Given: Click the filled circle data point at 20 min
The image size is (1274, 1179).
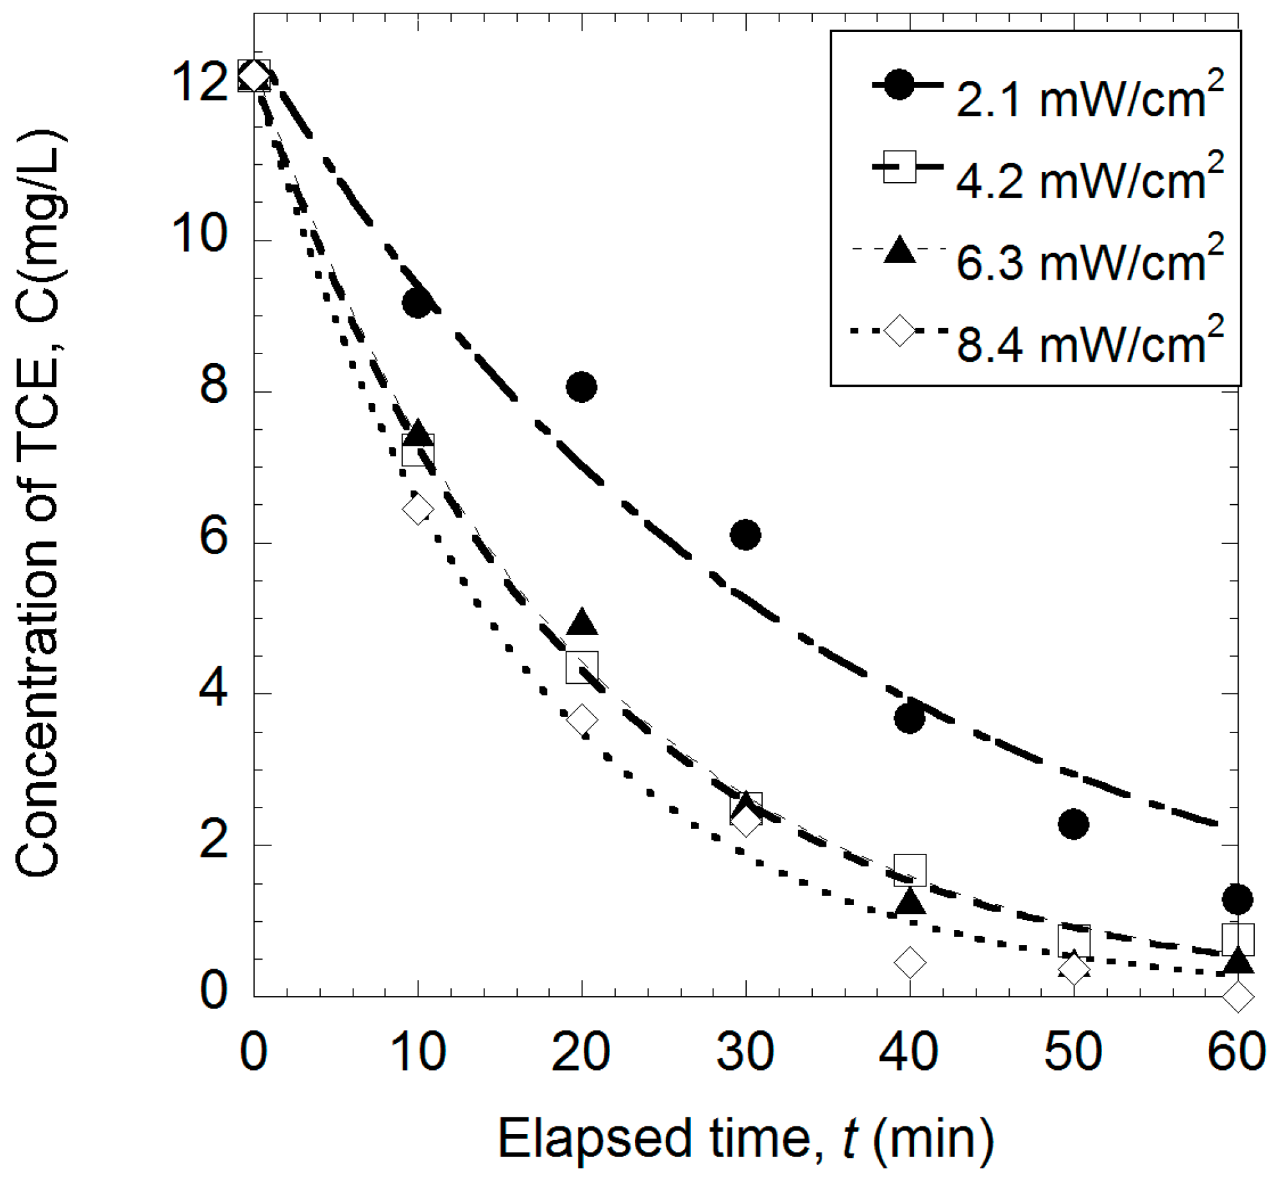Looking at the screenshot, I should (x=581, y=387).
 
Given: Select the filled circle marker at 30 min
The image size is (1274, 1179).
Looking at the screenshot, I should (x=745, y=534).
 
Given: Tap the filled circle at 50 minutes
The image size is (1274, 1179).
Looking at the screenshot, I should (x=1073, y=824).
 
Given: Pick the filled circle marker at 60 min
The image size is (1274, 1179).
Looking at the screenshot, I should (x=1237, y=899).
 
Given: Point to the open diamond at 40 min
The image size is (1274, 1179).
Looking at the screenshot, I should (x=909, y=962).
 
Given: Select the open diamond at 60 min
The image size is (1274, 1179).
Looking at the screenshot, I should (x=1237, y=997).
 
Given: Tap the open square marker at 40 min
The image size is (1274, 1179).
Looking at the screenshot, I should (x=910, y=870).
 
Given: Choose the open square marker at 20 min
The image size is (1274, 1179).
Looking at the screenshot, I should (x=582, y=667).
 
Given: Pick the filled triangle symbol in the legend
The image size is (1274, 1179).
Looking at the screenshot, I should (x=899, y=250).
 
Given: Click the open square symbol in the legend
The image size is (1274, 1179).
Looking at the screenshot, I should (x=899, y=167).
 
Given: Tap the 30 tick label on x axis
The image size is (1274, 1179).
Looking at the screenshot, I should (x=745, y=1053).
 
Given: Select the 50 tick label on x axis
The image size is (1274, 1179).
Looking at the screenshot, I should (x=1073, y=1053).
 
